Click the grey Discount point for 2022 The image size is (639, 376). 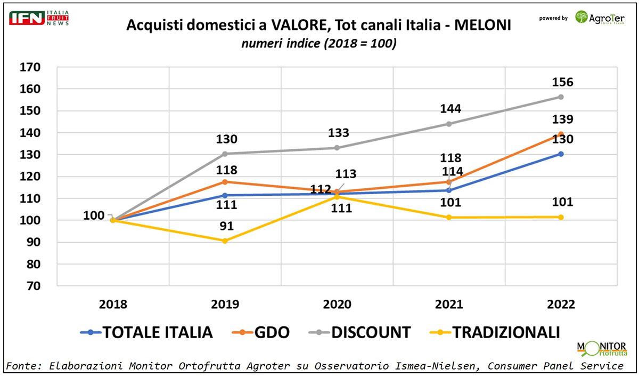[561, 97]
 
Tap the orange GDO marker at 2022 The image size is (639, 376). [561, 134]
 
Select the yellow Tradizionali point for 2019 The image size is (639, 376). [225, 241]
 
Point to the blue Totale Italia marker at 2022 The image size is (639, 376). [561, 154]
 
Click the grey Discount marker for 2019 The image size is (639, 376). [225, 154]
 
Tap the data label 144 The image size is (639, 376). [450, 109]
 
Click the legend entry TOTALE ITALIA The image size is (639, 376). [146, 332]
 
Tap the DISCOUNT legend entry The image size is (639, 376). [360, 332]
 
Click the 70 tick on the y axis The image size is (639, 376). [34, 286]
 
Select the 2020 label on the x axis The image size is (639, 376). [337, 305]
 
